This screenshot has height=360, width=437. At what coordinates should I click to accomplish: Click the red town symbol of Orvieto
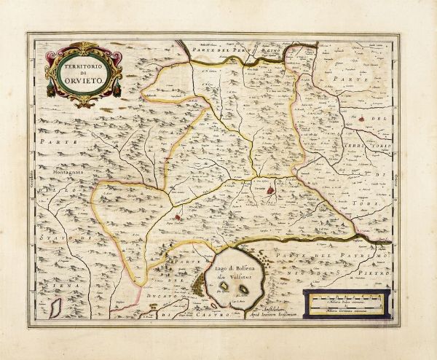pyautogui.click(x=271, y=191)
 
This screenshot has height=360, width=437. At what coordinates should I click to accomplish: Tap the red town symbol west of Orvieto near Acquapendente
pyautogui.click(x=177, y=216)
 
